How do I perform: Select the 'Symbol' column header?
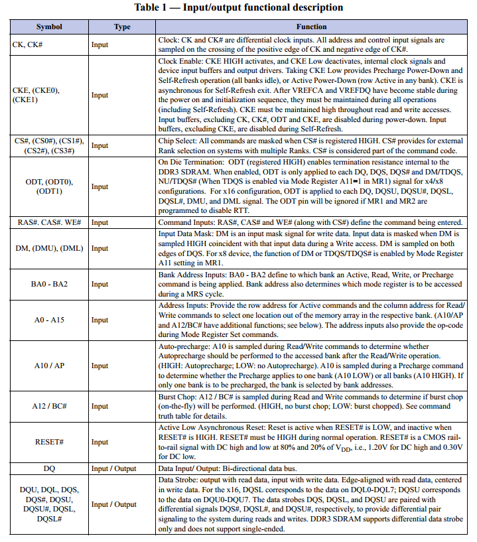(x=49, y=27)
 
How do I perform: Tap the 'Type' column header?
(x=122, y=27)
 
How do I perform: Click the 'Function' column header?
(x=311, y=27)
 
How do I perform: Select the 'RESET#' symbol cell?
(x=49, y=442)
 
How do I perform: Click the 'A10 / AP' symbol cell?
(x=49, y=366)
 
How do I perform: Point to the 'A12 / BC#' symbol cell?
(x=49, y=405)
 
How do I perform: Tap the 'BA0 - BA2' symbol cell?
(x=49, y=284)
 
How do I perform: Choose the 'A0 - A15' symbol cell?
(x=49, y=320)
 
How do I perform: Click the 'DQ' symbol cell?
(x=49, y=468)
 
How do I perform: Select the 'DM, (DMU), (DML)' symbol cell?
(x=49, y=248)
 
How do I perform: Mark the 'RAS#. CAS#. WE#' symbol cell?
(x=49, y=223)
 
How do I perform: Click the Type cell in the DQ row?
(x=113, y=468)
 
